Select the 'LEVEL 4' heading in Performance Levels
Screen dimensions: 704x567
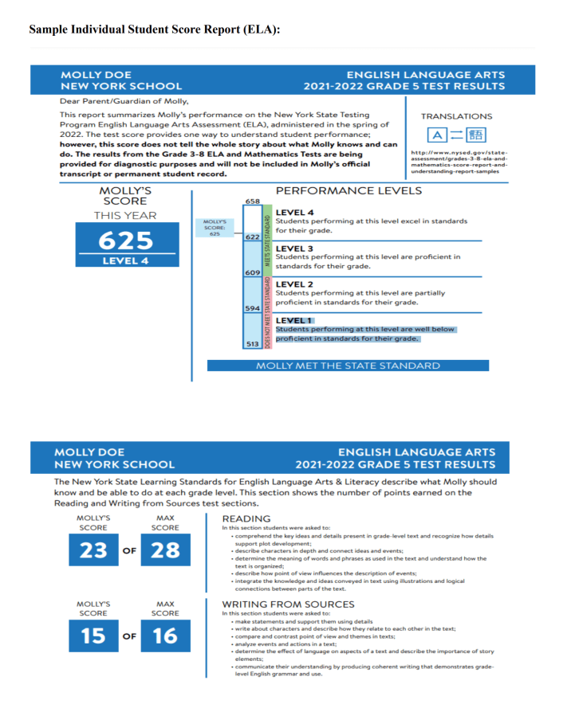point(294,213)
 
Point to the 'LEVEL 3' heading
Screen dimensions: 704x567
point(294,248)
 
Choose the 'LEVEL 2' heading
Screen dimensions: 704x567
point(294,284)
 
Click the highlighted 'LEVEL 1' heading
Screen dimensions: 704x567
point(294,320)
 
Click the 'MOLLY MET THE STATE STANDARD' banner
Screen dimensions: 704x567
point(348,366)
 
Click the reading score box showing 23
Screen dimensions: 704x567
point(93,550)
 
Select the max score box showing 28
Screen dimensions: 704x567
point(165,550)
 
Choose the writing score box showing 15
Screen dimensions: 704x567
point(93,636)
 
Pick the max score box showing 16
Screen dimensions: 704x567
point(165,636)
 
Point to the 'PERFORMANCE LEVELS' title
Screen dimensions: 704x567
point(348,191)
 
